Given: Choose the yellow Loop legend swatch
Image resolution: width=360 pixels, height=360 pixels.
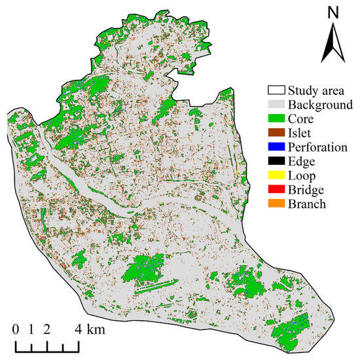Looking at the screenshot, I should [278, 176].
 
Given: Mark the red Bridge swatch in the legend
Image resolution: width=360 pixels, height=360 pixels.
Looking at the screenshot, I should [278, 190].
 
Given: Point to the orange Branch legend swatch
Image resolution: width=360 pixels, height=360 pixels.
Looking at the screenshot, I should [278, 204].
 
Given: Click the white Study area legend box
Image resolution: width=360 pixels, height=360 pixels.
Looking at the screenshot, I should [278, 90].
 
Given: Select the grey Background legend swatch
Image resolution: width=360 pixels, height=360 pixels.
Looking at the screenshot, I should [278, 105].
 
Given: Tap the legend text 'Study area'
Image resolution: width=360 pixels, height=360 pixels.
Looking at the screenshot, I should [321, 90].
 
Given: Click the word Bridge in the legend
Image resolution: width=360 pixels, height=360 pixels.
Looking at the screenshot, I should [309, 190].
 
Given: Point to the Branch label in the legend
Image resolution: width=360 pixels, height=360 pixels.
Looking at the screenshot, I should [310, 204].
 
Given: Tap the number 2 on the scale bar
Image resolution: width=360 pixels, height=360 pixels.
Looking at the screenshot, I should [46, 330].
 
